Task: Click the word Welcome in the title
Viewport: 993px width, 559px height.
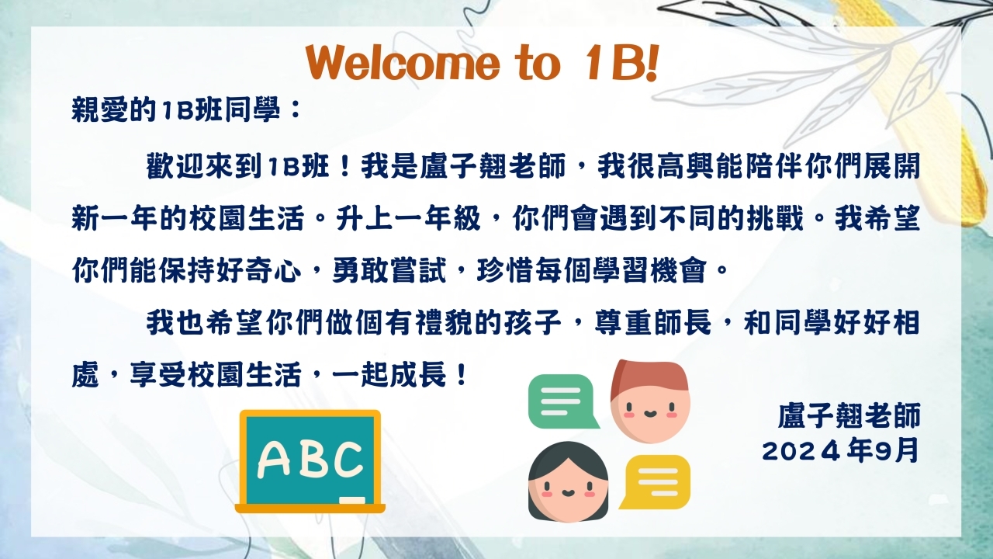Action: tap(403, 63)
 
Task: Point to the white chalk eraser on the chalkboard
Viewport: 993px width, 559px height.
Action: tap(352, 500)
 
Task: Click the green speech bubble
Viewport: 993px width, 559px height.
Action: tap(562, 401)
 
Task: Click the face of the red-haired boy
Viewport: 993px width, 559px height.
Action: tap(650, 411)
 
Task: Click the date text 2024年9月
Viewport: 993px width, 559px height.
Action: tap(840, 451)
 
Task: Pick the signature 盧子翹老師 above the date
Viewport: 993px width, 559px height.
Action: tap(849, 415)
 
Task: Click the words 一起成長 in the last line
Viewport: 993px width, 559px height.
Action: tap(389, 375)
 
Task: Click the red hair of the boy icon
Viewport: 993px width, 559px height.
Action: tap(648, 380)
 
